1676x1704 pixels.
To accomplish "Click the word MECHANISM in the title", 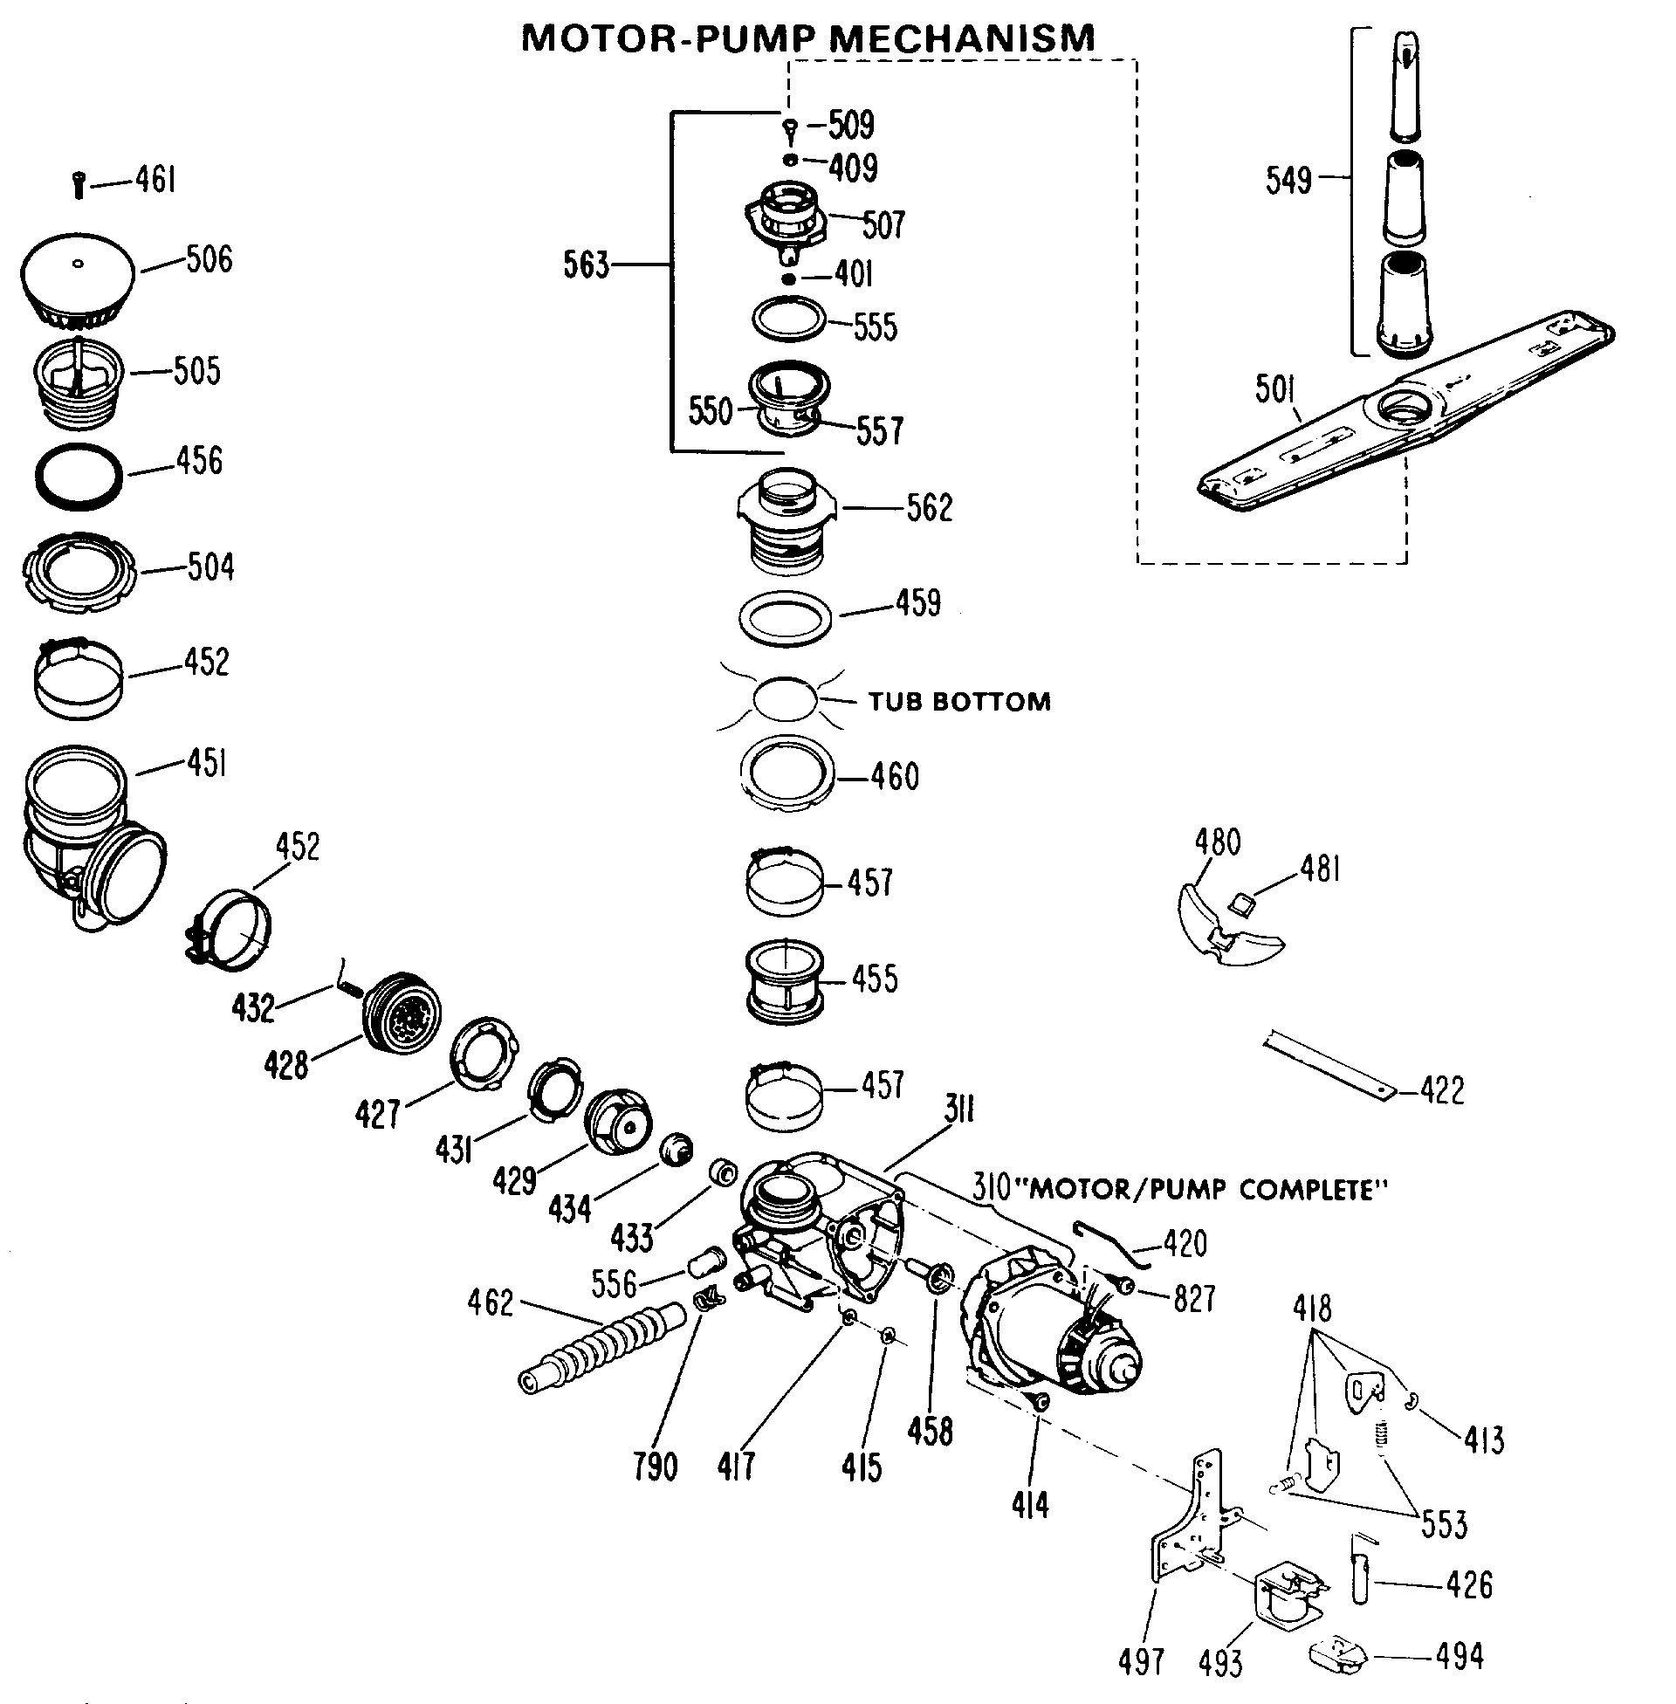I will pos(962,38).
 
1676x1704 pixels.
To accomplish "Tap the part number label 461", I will pos(155,181).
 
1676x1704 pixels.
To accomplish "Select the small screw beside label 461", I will pos(79,186).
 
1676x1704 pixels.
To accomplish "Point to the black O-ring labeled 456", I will pos(79,476).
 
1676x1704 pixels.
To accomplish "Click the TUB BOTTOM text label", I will pos(959,702).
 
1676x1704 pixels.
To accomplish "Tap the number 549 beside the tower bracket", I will pos(1288,181).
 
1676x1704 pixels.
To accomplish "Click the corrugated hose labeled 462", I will pos(602,1347).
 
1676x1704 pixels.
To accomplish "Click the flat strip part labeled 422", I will pos(1329,1065).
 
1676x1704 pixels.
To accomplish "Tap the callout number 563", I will pos(587,264).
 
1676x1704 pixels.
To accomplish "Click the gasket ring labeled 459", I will pos(785,619).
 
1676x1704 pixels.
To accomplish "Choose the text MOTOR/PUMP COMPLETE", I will pos(1209,1191).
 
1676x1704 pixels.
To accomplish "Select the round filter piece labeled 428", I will pos(403,1013).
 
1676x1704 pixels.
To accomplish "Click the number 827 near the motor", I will pos(1193,1298).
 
